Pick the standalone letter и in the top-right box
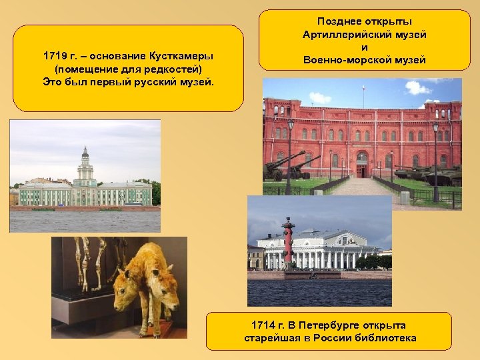(365, 47)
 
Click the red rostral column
(288, 243)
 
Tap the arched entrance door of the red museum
(361, 164)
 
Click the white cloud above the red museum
(416, 88)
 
